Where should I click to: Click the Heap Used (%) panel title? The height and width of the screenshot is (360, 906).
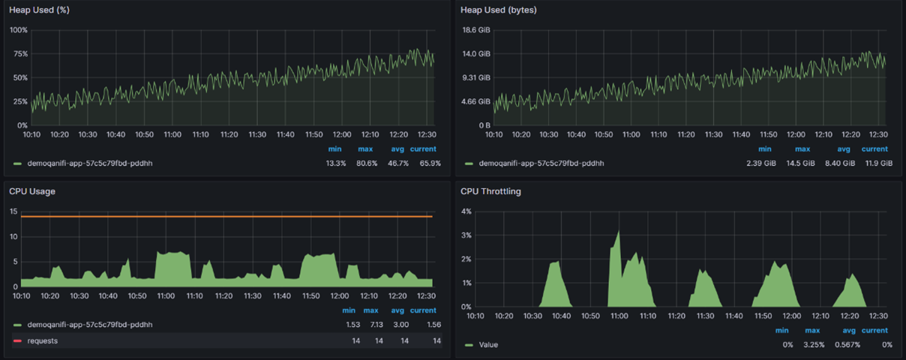coord(39,10)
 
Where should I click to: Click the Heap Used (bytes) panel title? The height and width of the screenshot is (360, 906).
coord(498,10)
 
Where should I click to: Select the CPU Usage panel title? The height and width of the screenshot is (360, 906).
coord(32,191)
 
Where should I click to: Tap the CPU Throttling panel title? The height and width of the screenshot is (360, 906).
coord(490,191)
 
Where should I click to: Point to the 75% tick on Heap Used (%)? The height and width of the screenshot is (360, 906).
coord(20,54)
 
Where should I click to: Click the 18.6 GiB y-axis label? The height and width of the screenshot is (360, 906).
coord(476,30)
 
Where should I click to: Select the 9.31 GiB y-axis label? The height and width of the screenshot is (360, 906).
coord(476,78)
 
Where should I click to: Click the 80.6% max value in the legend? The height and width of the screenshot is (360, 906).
coord(367,163)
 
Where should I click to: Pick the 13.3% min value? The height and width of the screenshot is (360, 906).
coord(336,163)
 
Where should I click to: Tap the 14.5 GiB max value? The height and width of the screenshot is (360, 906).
coord(800,163)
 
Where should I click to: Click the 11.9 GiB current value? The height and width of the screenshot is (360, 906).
coord(878,163)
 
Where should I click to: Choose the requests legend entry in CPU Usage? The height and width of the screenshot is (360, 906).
coord(43,341)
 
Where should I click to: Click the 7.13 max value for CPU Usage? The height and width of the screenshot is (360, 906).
coord(376,325)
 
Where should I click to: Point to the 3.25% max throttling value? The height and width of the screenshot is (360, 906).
coord(814,345)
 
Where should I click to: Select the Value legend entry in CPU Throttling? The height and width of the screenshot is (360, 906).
coord(488,345)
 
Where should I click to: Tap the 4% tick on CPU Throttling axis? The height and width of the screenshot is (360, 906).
coord(466,211)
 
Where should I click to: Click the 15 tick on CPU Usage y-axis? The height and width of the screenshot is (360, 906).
coord(13,211)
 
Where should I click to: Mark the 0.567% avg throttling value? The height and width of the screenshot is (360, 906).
coord(847,345)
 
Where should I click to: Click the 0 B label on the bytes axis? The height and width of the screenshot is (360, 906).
coord(484,125)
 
